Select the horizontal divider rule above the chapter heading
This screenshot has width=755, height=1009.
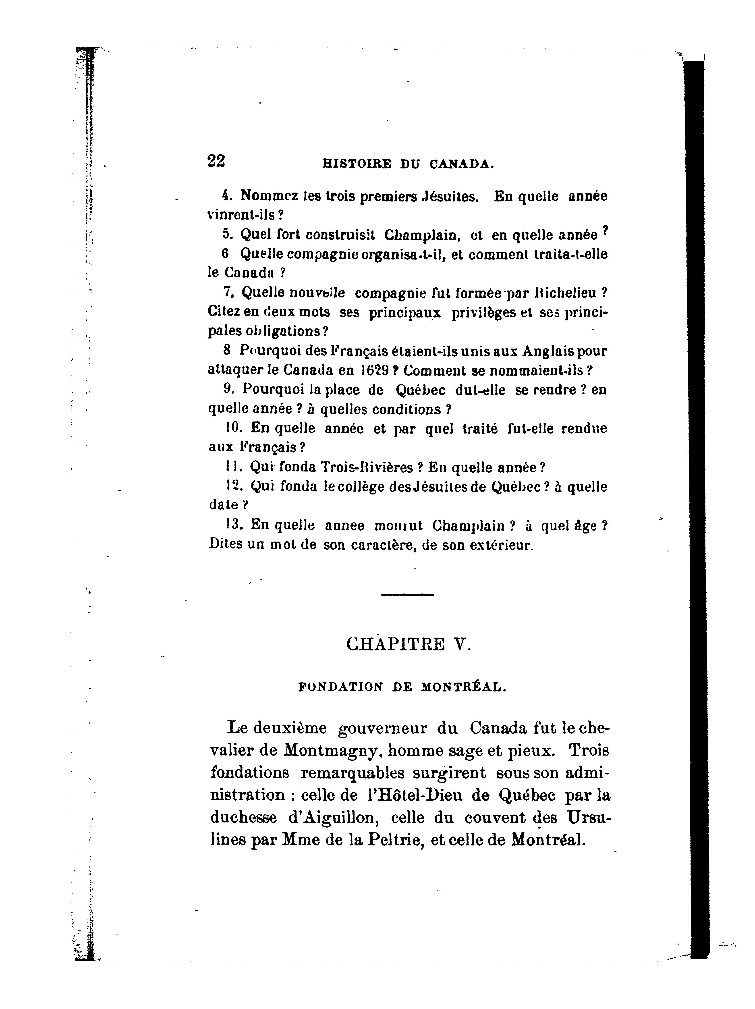407,594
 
